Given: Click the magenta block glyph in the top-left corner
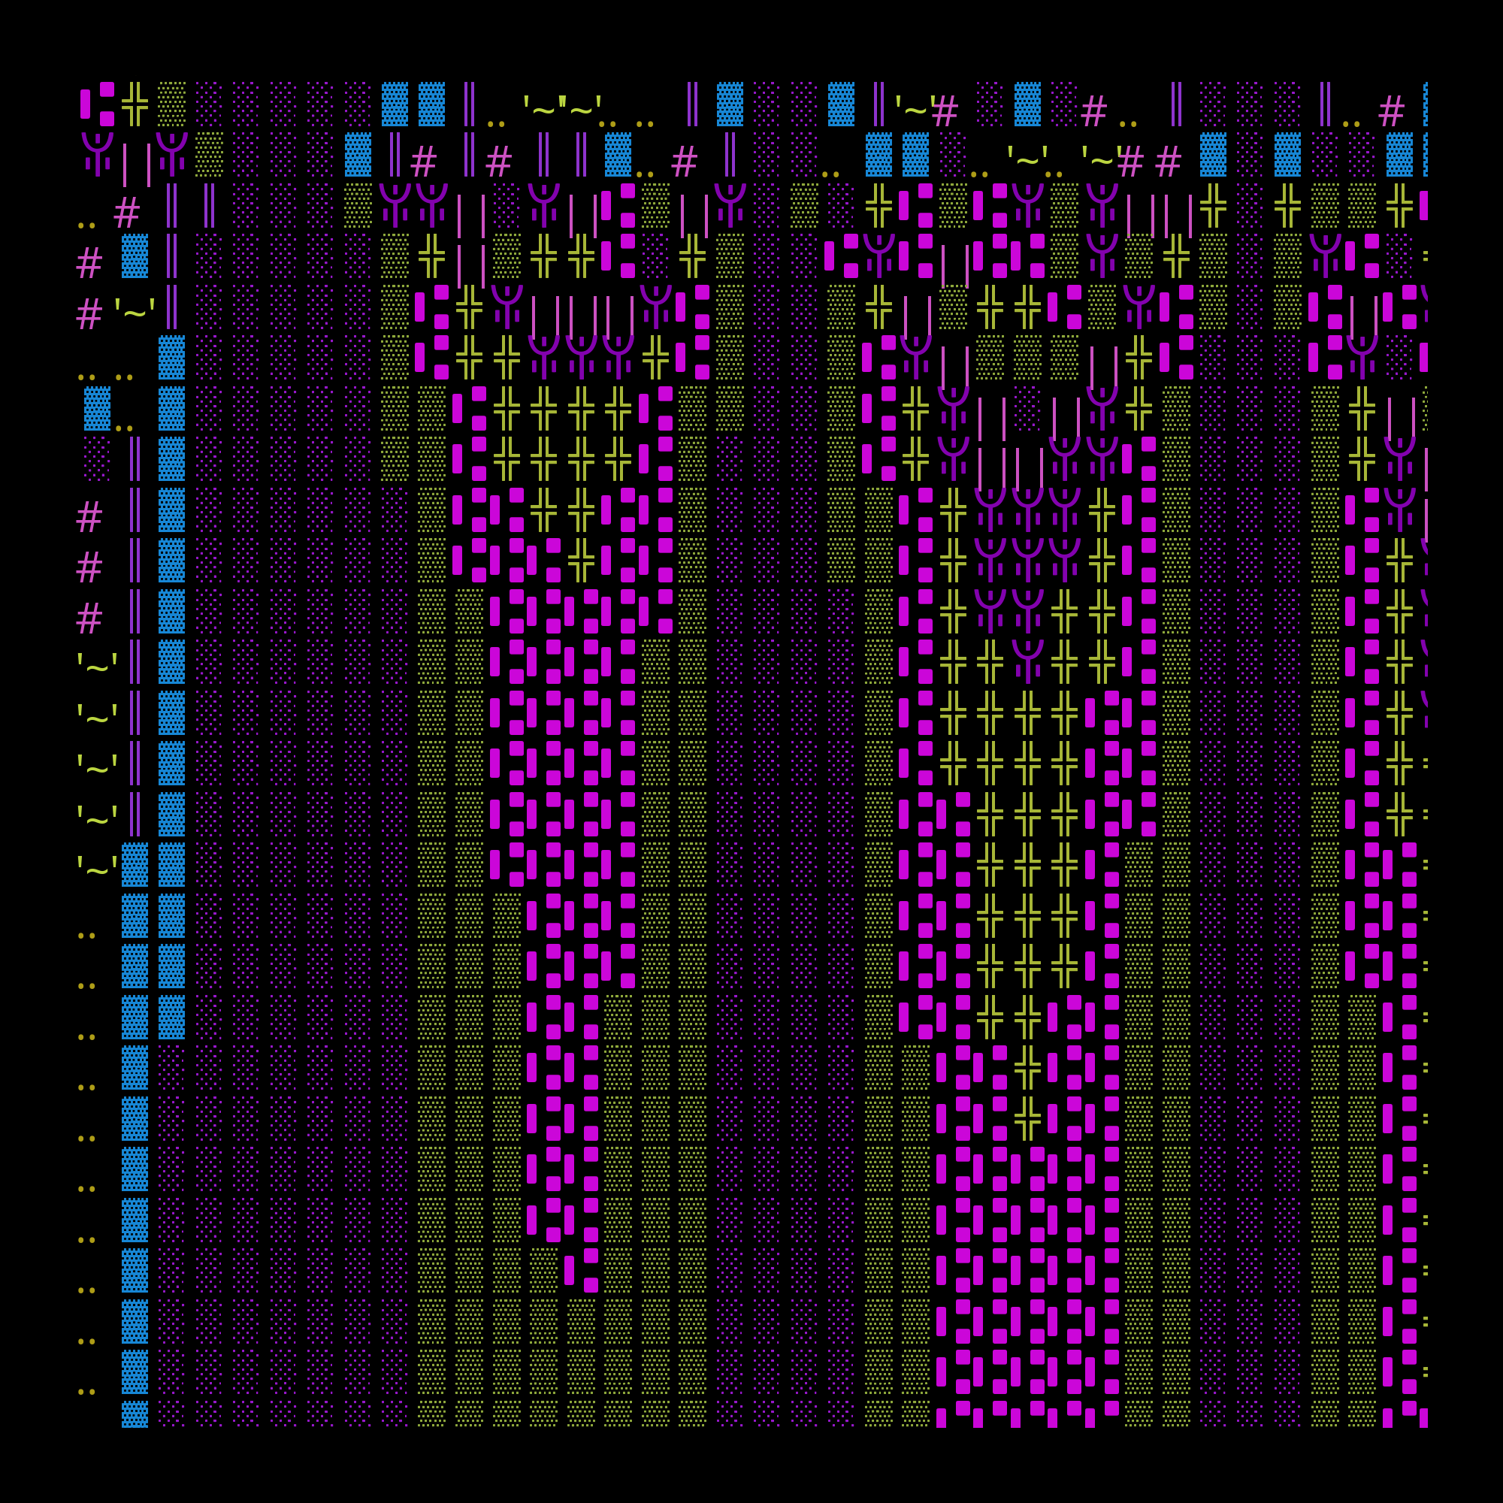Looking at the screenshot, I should [x=97, y=104].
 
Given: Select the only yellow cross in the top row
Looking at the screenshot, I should [x=135, y=104].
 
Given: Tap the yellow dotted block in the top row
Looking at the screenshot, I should [x=172, y=104].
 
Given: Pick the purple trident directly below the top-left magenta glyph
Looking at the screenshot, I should [x=97, y=153].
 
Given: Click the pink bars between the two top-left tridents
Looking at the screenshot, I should [x=136, y=163].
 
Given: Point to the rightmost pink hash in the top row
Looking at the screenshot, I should [x=1391, y=112].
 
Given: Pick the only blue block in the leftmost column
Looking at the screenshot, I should [x=97, y=408].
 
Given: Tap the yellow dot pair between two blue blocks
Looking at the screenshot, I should [x=125, y=427].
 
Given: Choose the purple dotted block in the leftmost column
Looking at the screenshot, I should [x=97, y=459].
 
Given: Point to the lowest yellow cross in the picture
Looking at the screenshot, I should [x=1027, y=1118].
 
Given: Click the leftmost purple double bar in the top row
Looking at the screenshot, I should [x=469, y=104].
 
